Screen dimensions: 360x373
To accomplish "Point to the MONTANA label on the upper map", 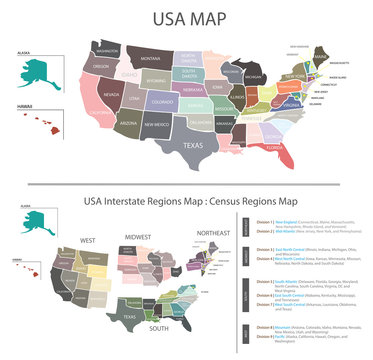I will point(150,59).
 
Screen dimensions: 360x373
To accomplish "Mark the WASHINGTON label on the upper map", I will point(106,49).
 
